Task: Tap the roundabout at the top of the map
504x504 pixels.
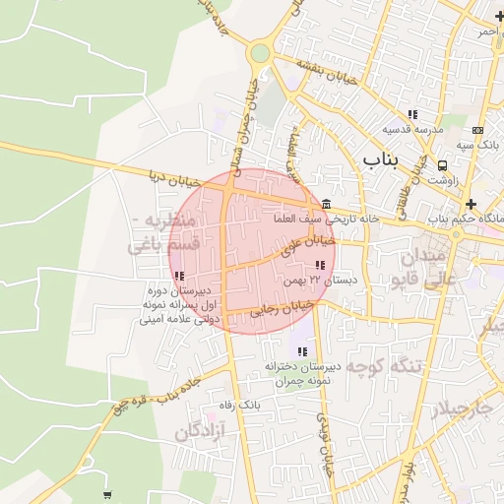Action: (x=260, y=53)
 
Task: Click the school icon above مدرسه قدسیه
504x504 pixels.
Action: (x=412, y=115)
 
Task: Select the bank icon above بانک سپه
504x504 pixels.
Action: (x=477, y=130)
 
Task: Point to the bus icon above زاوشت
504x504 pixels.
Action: (x=442, y=165)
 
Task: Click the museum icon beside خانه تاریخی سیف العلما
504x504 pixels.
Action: (x=326, y=203)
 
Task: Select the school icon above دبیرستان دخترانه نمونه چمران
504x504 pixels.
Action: (x=301, y=351)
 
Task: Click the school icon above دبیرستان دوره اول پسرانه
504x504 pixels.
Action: (x=178, y=276)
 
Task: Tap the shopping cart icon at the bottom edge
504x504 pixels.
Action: (x=107, y=494)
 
